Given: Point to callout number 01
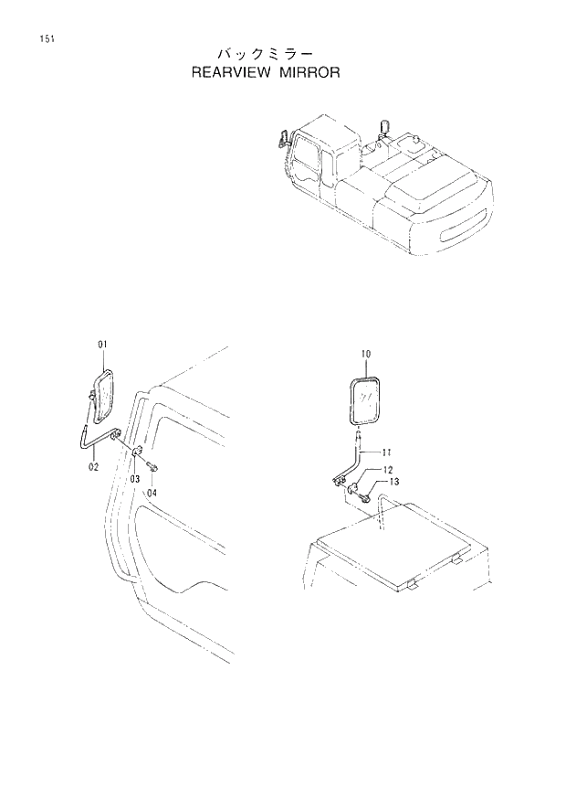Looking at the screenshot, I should pos(102,344).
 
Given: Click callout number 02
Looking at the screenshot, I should pos(93,467).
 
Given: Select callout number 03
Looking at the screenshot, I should pos(133,479).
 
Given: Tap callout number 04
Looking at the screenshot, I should pos(152,492).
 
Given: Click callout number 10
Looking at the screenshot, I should pos(366,353).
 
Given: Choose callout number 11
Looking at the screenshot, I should pos(387,451).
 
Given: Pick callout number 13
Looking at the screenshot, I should pos(393,482).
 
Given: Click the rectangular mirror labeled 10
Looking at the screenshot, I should pos(366,398).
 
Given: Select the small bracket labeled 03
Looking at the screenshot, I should pos(136,454).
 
